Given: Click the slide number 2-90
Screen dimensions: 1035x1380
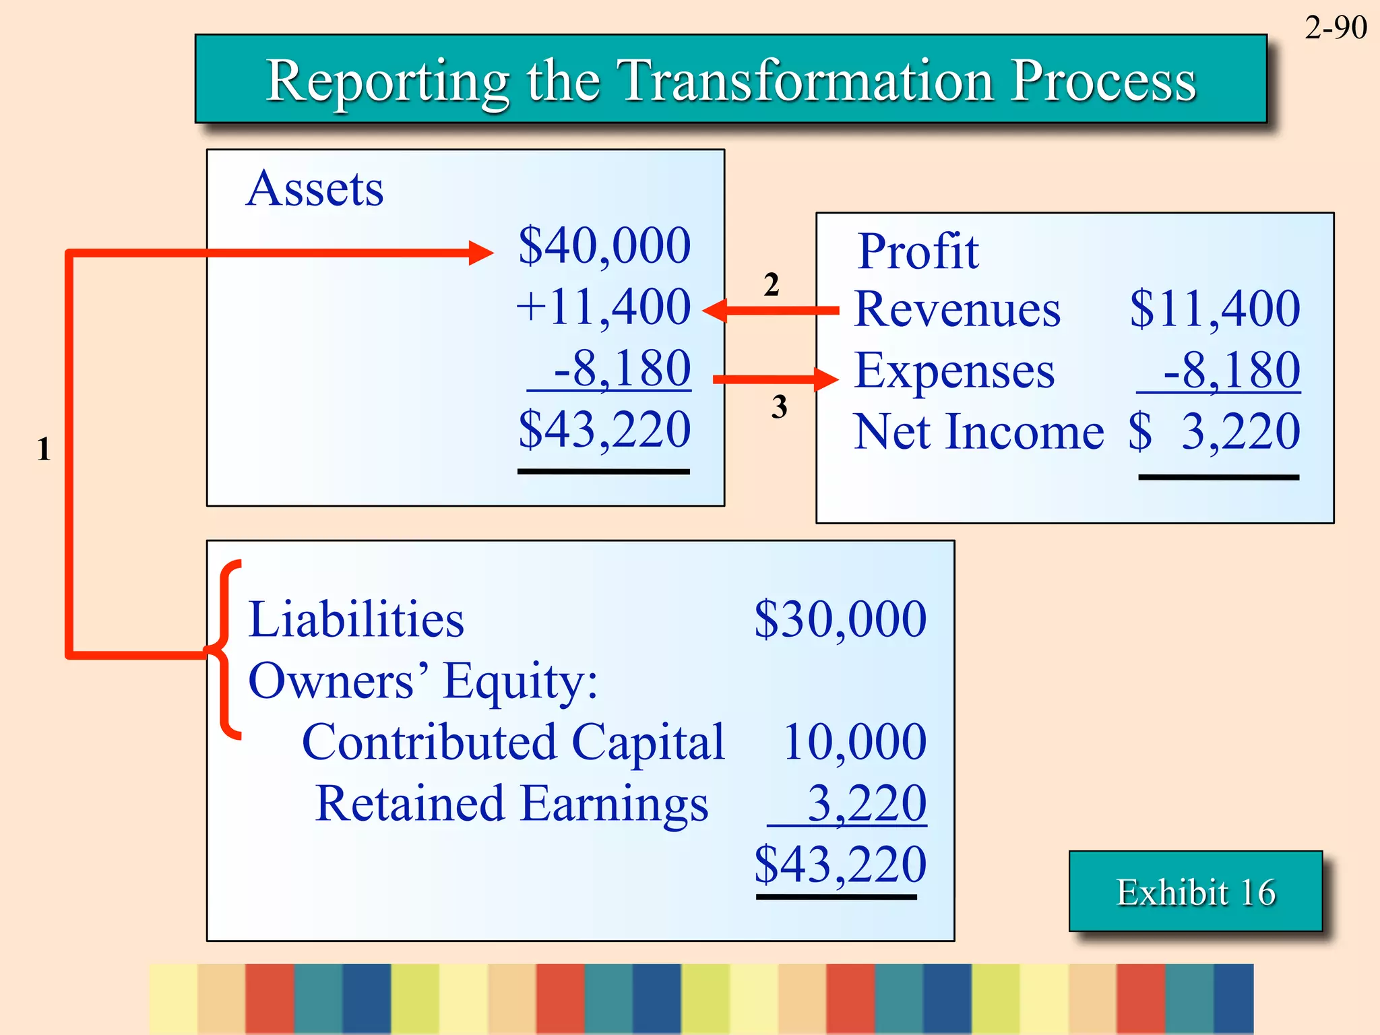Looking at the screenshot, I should click(x=1335, y=28).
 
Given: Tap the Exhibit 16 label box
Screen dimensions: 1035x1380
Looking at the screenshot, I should click(x=1195, y=892).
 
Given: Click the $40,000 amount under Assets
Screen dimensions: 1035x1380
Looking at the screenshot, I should click(x=604, y=245).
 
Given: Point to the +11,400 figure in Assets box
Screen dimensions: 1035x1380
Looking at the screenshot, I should click(x=604, y=307).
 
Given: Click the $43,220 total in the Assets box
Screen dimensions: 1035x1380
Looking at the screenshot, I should click(x=604, y=430).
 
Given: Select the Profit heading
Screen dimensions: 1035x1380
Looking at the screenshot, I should click(x=918, y=251).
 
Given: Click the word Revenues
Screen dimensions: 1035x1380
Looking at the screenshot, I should click(x=957, y=310).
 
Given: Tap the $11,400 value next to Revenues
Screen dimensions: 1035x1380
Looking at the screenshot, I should click(x=1214, y=309).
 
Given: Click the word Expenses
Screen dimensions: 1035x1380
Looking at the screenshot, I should click(x=954, y=371).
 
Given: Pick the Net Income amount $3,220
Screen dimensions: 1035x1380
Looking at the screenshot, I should click(x=1214, y=432).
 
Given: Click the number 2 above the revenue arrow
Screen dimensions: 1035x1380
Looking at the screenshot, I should click(x=772, y=284).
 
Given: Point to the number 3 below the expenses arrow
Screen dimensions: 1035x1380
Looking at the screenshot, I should click(x=779, y=407).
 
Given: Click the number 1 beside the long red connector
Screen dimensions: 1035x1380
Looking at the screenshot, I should click(x=44, y=449).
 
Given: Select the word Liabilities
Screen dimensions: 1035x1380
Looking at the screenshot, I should click(x=356, y=619).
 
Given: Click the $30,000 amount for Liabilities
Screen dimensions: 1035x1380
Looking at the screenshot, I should click(x=840, y=619).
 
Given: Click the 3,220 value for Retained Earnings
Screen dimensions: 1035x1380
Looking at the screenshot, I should click(x=866, y=803).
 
